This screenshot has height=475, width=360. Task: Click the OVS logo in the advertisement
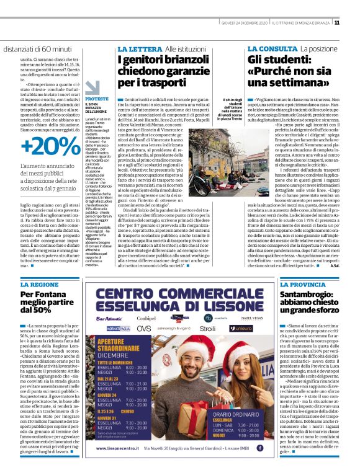[144, 344]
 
